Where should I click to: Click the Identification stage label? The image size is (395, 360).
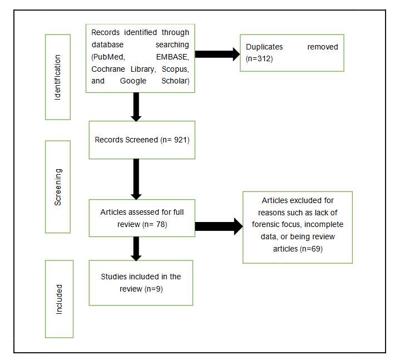(x=57, y=77)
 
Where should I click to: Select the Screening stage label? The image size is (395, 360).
(x=57, y=187)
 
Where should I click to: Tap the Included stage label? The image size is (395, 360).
(x=59, y=299)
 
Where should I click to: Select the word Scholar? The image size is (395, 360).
(x=174, y=81)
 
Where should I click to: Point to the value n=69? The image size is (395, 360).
(x=312, y=249)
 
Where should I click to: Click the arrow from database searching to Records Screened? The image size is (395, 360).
(x=136, y=107)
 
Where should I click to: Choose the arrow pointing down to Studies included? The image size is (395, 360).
(x=136, y=248)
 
